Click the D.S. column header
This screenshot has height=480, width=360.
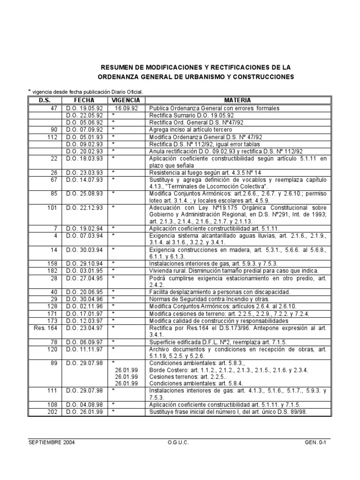coord(44,100)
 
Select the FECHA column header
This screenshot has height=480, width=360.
coord(84,100)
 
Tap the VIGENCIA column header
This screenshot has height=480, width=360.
coord(126,100)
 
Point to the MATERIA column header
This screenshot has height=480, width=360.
coord(237,100)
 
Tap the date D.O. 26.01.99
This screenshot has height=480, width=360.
coord(84,412)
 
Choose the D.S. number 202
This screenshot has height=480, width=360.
coord(52,412)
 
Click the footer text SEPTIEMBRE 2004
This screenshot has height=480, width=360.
coord(51,442)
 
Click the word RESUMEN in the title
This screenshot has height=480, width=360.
coord(117,67)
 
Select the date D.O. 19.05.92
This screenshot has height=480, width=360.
coord(84,108)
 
